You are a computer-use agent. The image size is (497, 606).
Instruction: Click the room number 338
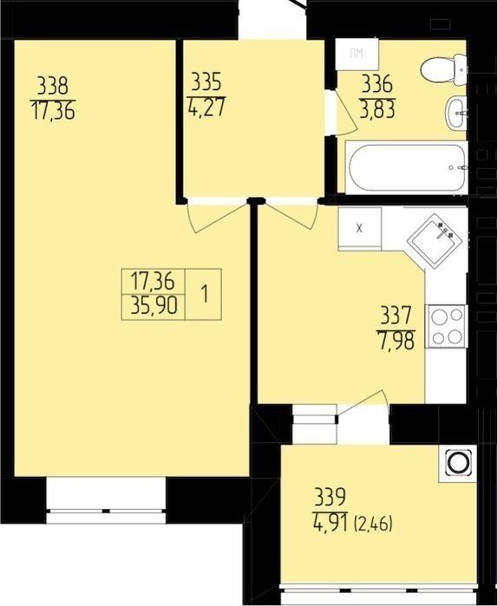[x=53, y=86]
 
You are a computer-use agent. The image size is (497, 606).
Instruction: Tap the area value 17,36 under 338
[x=53, y=110]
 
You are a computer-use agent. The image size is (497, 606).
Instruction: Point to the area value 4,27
[x=206, y=108]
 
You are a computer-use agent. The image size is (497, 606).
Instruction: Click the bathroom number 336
[x=377, y=84]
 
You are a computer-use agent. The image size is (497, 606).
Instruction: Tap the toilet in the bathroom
[x=443, y=68]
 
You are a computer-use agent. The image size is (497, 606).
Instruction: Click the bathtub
[x=406, y=167]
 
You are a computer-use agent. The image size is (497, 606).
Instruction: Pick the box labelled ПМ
[x=357, y=54]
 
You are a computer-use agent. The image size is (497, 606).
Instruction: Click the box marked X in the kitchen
[x=360, y=228]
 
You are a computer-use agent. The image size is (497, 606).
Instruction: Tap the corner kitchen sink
[x=435, y=240]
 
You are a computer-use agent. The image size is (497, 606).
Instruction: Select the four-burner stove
[x=447, y=326]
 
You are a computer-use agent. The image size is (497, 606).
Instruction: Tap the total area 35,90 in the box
[x=154, y=307]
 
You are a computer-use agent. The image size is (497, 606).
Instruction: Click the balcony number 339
[x=330, y=498]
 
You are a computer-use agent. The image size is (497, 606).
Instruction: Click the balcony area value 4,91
[x=330, y=523]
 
